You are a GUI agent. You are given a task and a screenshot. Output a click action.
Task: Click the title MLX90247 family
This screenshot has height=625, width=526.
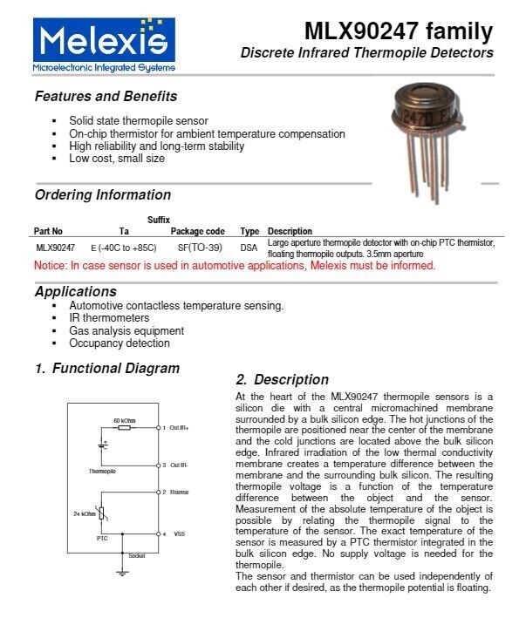pos(398,32)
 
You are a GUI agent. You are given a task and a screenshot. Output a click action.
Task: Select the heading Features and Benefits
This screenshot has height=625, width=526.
pos(106,96)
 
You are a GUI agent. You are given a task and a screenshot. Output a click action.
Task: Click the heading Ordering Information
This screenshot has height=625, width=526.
pos(103,194)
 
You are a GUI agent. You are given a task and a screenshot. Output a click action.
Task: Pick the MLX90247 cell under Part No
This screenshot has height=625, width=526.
pos(55,248)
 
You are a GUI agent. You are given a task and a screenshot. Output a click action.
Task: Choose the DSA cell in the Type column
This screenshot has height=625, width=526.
pos(249,248)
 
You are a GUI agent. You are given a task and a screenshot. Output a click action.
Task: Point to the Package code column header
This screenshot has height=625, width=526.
pos(197,231)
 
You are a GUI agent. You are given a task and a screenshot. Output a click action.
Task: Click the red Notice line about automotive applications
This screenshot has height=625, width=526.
pos(234,265)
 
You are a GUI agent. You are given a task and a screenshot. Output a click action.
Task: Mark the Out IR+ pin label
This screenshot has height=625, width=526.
pos(180,428)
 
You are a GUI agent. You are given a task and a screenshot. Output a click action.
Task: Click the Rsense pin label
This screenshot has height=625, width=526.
pos(179,493)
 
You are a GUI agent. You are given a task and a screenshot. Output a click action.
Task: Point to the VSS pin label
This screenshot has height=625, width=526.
pos(179,533)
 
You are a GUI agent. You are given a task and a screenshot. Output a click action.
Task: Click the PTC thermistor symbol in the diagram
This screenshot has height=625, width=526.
pos(104,514)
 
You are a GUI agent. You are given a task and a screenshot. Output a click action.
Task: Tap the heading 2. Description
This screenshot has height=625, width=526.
pos(283,379)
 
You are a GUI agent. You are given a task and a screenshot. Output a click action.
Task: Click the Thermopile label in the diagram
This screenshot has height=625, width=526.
pos(102,472)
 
